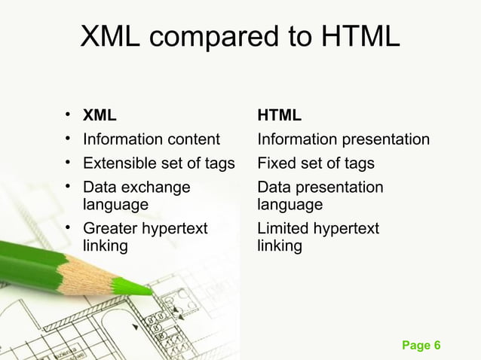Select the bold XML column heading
point(100,116)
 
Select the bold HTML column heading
point(279,116)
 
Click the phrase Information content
point(151,139)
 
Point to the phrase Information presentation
point(343,139)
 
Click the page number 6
point(437,346)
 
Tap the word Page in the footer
point(415,346)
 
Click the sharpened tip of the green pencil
point(147,289)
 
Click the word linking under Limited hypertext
point(279,246)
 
